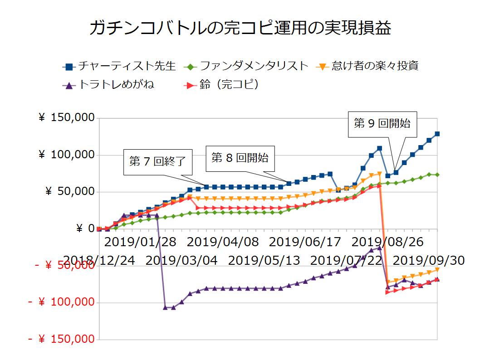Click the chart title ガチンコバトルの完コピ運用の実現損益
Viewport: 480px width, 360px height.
point(240,28)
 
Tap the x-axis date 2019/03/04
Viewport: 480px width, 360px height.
point(182,260)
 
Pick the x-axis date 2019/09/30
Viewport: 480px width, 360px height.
point(428,260)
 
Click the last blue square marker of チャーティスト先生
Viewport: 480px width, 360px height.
point(437,134)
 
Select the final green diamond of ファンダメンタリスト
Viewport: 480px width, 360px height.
point(437,175)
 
